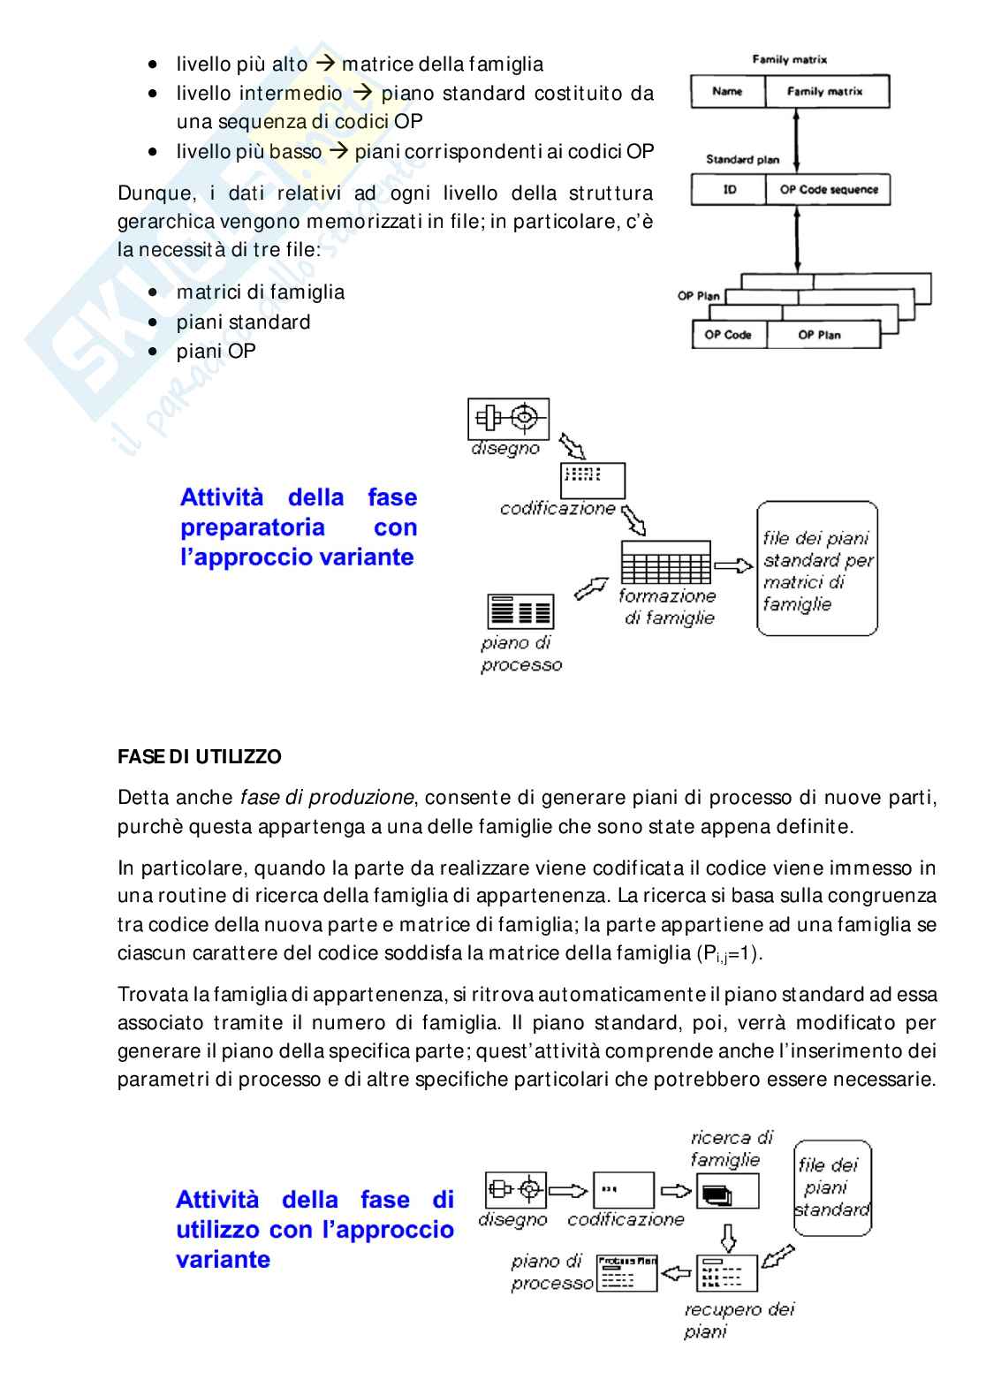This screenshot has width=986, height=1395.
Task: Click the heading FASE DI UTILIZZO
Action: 200,757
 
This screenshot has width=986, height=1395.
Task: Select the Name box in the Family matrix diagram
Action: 727,92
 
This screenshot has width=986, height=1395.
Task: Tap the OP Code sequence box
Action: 829,190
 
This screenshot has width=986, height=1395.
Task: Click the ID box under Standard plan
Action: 730,190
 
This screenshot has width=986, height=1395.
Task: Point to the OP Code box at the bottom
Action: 728,335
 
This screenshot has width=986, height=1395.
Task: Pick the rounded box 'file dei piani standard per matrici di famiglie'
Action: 817,570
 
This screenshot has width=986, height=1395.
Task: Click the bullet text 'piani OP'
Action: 216,352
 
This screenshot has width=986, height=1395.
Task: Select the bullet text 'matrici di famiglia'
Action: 261,292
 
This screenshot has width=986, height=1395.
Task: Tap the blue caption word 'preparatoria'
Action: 253,527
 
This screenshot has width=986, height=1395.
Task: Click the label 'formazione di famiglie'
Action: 668,607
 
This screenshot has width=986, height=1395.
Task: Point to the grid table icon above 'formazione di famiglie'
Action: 665,560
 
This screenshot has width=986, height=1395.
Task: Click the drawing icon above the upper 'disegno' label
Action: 508,418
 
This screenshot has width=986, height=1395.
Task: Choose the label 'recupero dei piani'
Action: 739,1320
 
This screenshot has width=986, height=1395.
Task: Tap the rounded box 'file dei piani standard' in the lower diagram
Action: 831,1187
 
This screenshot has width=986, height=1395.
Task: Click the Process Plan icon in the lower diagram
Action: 626,1273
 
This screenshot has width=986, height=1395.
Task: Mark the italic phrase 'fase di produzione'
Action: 327,798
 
